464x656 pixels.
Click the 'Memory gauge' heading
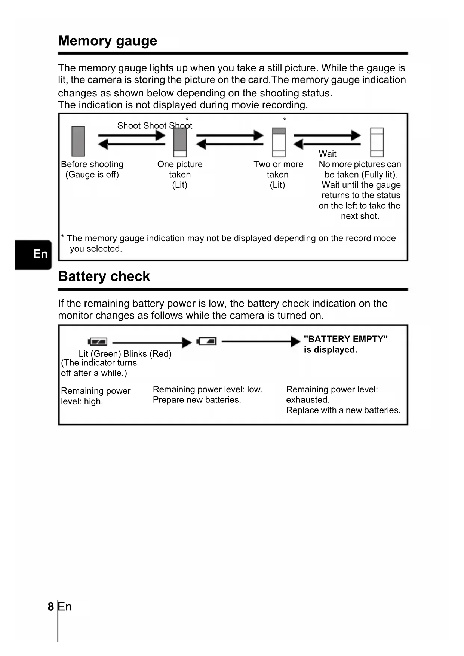[108, 41]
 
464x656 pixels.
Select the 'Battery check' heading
[104, 276]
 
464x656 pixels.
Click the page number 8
[51, 606]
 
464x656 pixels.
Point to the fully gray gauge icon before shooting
[78, 141]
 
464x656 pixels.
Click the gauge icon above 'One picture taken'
[180, 142]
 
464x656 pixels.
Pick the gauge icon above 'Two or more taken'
[279, 142]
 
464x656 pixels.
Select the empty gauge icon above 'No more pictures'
[377, 142]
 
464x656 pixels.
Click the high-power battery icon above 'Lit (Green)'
[98, 341]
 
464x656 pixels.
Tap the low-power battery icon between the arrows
[207, 341]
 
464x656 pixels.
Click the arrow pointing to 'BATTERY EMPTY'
[261, 341]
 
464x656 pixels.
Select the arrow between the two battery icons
[152, 342]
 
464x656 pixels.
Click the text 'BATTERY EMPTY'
[345, 339]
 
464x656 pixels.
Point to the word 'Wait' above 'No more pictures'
[328, 154]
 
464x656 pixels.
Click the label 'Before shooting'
[92, 164]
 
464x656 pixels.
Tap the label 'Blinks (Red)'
[147, 354]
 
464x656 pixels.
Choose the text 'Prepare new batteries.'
[197, 400]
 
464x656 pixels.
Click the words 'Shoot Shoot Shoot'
[155, 126]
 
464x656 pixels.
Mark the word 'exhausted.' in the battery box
[308, 400]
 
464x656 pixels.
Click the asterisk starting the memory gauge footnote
[63, 237]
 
